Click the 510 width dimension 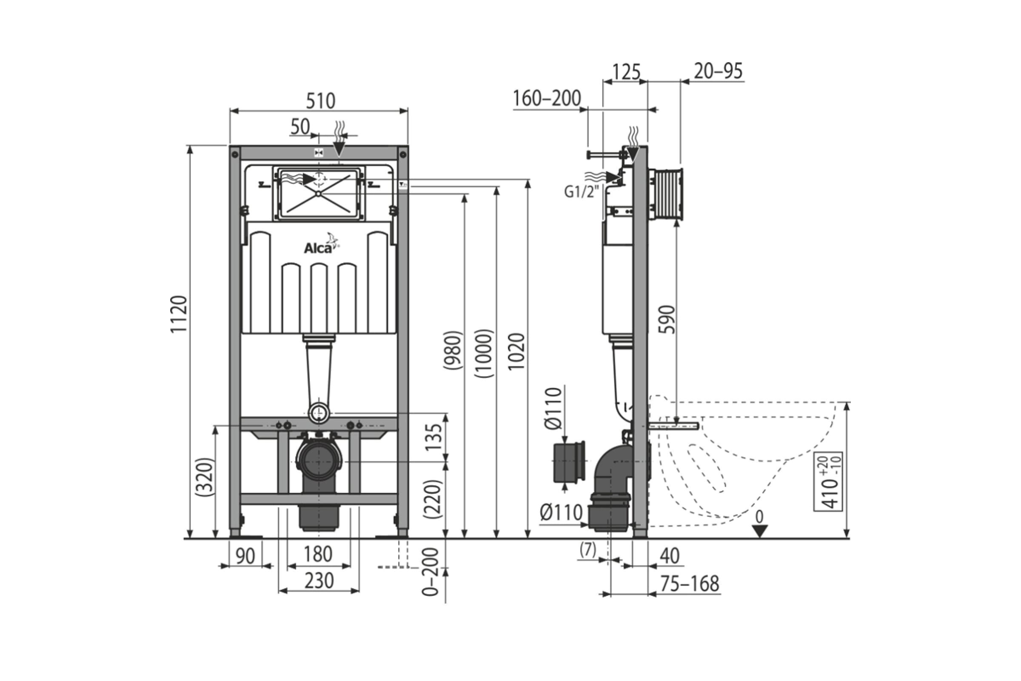[321, 101]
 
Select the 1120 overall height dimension [179, 314]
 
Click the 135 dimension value [434, 437]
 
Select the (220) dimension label [433, 499]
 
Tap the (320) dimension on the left [204, 477]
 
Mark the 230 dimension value [319, 581]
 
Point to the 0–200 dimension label [431, 572]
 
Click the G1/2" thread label [581, 192]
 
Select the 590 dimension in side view [667, 319]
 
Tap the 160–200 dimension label [547, 99]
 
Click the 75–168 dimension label [690, 584]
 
